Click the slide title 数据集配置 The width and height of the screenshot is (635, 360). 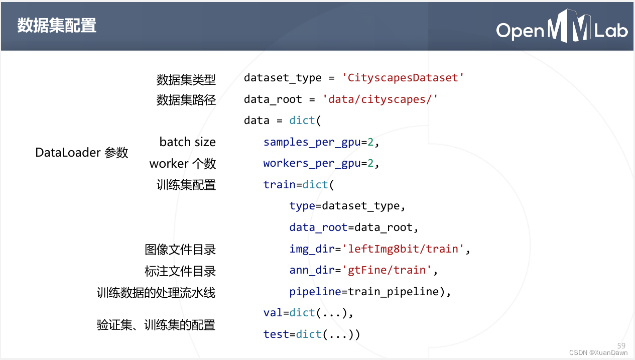point(57,25)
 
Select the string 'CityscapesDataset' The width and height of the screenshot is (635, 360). point(403,78)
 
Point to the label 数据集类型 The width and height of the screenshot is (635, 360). point(186,79)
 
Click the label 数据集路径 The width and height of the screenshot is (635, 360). point(186,100)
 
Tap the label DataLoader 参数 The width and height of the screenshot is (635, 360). point(82,153)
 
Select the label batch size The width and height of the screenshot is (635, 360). point(187,142)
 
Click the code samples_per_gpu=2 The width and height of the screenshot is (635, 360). point(321,142)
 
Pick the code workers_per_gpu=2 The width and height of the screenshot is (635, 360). point(321,163)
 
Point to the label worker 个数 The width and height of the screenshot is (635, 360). point(182,164)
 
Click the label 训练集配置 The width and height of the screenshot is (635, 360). point(186,185)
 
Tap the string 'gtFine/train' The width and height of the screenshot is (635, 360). point(387,270)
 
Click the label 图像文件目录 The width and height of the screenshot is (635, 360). point(180,250)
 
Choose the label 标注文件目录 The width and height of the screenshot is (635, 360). point(180,271)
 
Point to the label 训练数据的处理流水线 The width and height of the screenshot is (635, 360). point(156,293)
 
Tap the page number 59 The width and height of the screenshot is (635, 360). point(621,345)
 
